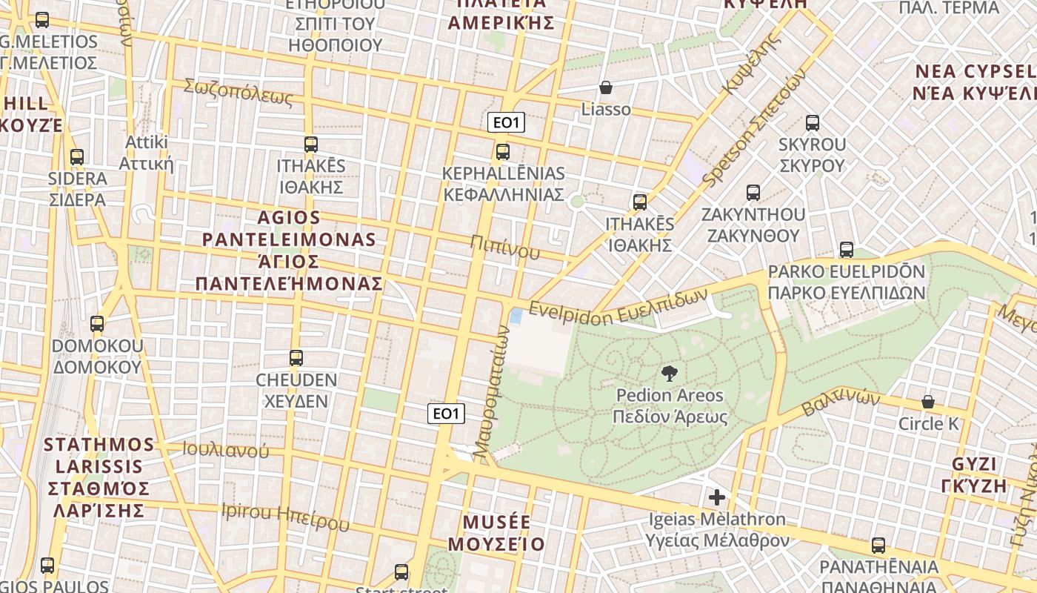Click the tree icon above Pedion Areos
[670, 373]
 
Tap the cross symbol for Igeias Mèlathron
[716, 497]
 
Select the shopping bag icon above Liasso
[606, 88]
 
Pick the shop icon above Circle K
[927, 402]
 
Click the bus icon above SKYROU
[812, 123]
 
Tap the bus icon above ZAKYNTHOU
[753, 193]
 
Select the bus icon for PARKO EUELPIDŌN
[846, 250]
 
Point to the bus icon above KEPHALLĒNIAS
[503, 152]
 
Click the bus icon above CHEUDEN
[296, 358]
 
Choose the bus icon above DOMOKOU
[97, 324]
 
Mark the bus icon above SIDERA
[77, 157]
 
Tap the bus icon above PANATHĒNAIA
[878, 546]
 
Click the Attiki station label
[147, 153]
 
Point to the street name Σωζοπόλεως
[239, 93]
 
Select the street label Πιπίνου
[504, 247]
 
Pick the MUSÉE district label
[496, 532]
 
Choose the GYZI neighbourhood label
[980, 474]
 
